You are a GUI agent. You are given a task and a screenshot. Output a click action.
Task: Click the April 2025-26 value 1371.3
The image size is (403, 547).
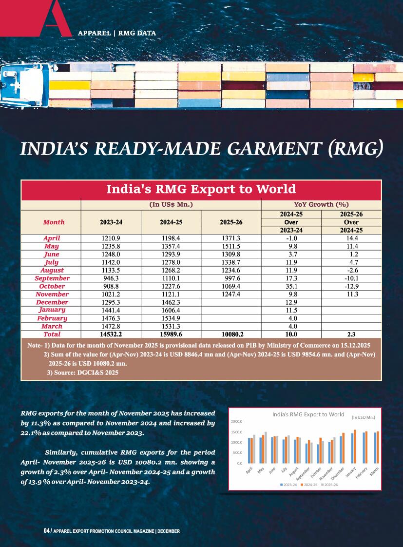click(x=231, y=238)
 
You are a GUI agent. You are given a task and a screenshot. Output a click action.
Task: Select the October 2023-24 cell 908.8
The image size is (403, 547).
click(x=111, y=286)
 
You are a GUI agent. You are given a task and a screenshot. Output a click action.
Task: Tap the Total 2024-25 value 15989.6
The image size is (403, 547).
click(x=171, y=334)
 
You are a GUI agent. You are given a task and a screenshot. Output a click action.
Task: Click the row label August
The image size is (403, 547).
click(x=52, y=270)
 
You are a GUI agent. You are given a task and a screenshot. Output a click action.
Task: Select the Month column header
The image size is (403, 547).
click(x=54, y=222)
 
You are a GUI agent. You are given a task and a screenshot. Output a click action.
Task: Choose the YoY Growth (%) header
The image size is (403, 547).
click(x=321, y=204)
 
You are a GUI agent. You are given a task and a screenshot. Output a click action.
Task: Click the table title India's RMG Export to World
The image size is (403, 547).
click(x=201, y=189)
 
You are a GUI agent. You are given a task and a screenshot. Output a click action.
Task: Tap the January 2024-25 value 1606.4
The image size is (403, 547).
click(x=171, y=310)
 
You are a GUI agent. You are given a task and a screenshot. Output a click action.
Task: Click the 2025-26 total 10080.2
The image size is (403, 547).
click(x=231, y=334)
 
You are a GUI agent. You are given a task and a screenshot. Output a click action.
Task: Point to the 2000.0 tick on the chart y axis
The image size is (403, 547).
click(x=237, y=422)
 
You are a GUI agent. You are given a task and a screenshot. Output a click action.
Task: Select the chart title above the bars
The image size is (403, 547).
click(x=308, y=414)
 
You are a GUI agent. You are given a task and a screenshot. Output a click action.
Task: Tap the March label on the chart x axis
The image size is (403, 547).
click(x=374, y=471)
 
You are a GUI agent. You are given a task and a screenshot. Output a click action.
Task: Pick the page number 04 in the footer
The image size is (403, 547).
click(x=47, y=531)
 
